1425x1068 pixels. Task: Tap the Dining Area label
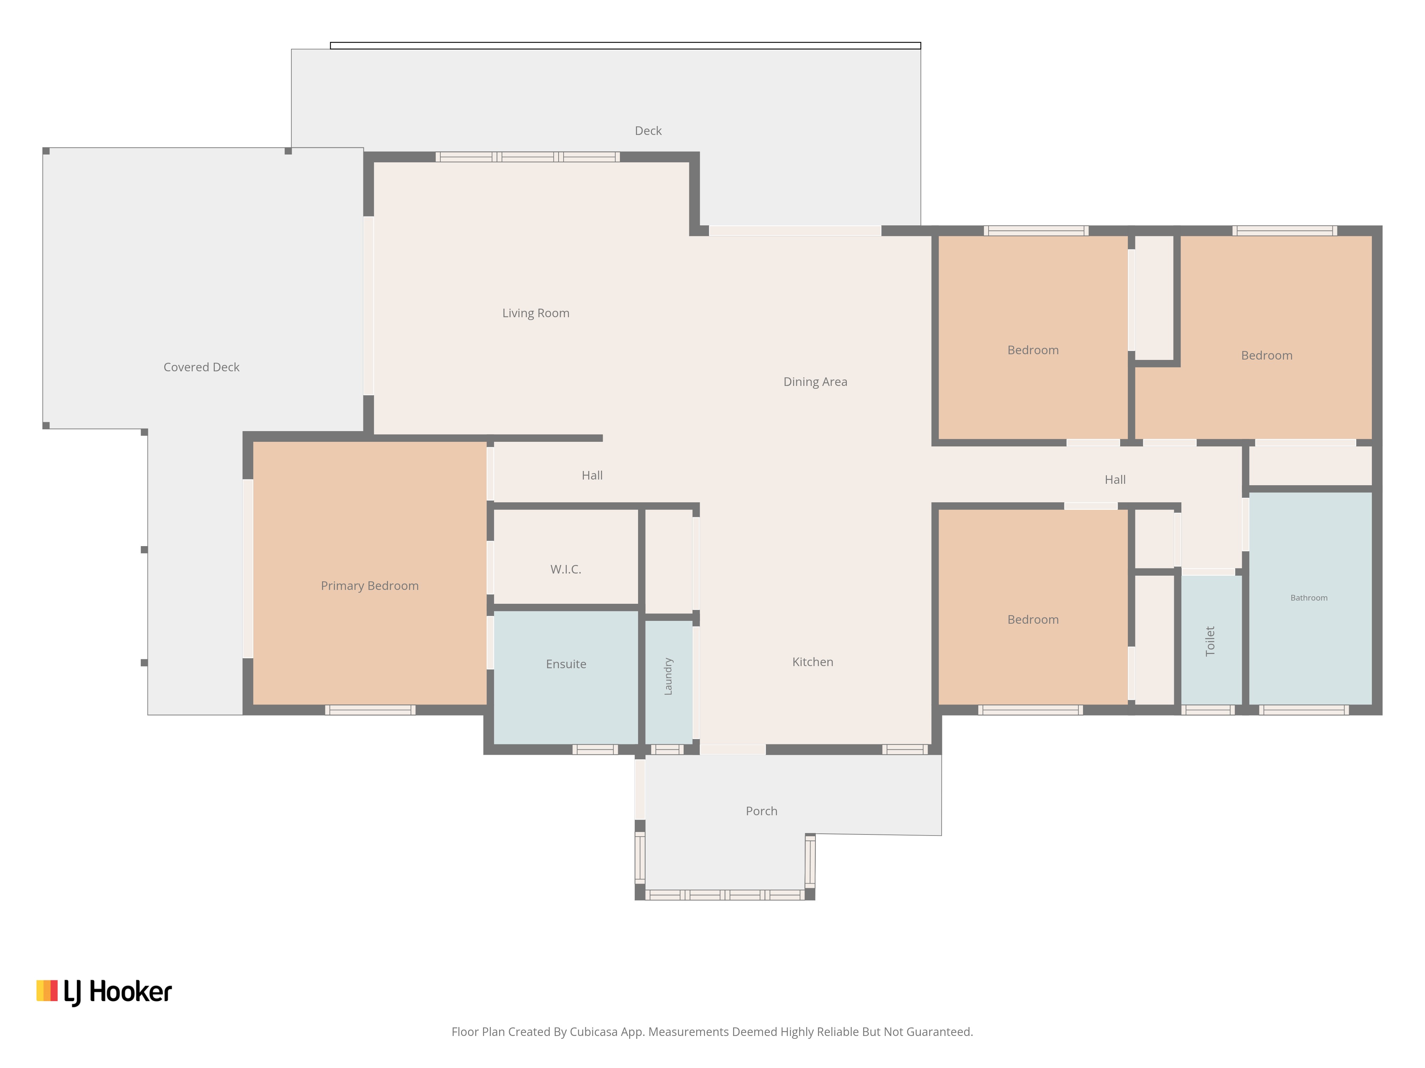[815, 382]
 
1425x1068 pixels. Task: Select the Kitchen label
[812, 662]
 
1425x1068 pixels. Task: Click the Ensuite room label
[566, 664]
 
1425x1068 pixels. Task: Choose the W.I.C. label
[566, 569]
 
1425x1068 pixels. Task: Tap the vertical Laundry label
[668, 676]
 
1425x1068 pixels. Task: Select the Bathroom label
[1309, 597]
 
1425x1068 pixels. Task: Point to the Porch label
[761, 811]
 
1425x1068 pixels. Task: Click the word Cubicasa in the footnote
[593, 1032]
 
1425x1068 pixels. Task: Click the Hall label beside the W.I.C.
[592, 475]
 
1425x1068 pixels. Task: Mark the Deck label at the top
[648, 131]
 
